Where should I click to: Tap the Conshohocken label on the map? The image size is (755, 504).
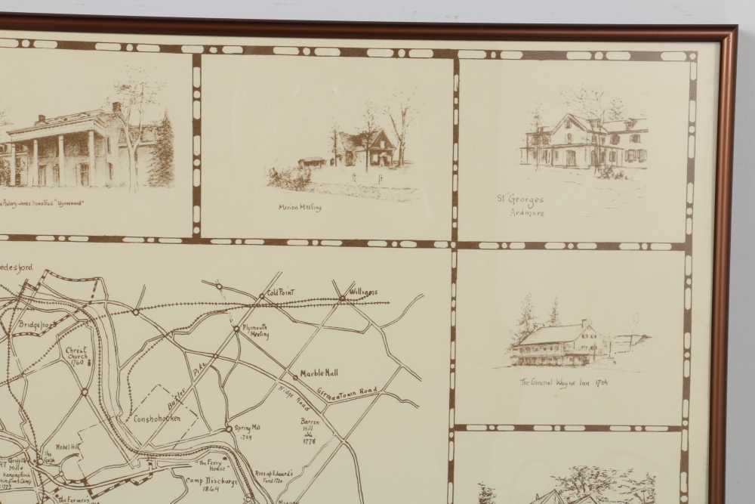[x=157, y=418]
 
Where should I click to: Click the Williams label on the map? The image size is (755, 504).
[x=364, y=292]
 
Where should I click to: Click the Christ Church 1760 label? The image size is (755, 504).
[x=75, y=356]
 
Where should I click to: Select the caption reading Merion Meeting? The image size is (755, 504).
[x=300, y=207]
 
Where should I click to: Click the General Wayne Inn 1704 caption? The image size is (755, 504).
[x=563, y=382]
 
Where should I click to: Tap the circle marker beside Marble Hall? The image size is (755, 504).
[x=294, y=376]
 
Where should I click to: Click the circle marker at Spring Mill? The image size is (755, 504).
[x=229, y=428]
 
